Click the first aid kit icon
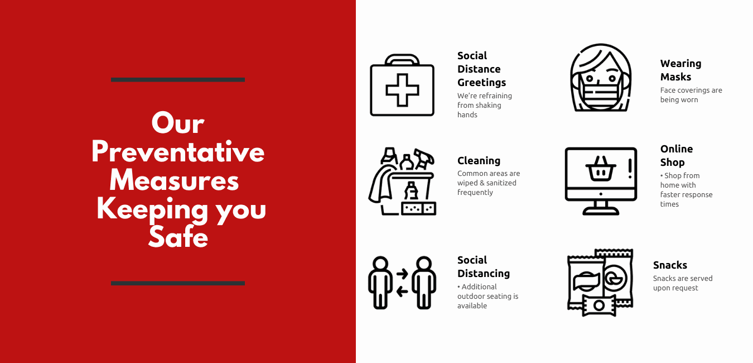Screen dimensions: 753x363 pyautogui.click(x=402, y=85)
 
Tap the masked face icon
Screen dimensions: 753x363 pyautogui.click(x=601, y=78)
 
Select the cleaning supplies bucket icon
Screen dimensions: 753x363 pyautogui.click(x=402, y=181)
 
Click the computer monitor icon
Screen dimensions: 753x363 pyautogui.click(x=601, y=181)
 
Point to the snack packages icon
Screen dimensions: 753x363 pyautogui.click(x=600, y=283)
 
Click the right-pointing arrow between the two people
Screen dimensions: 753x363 pyautogui.click(x=402, y=274)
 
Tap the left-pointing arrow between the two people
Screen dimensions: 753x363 pyautogui.click(x=402, y=291)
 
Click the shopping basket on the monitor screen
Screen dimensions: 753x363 pyautogui.click(x=601, y=169)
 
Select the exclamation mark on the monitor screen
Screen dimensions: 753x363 pyautogui.click(x=630, y=169)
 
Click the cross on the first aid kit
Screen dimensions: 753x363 pyautogui.click(x=402, y=90)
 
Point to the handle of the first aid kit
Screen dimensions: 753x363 pyautogui.click(x=402, y=60)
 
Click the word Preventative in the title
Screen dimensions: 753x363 pyautogui.click(x=178, y=152)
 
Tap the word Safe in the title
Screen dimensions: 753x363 pyautogui.click(x=178, y=236)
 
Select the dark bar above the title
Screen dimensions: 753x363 pyautogui.click(x=178, y=80)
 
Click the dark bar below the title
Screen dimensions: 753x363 pyautogui.click(x=178, y=283)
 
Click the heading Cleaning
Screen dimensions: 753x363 pyautogui.click(x=479, y=161)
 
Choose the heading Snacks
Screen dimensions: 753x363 pyautogui.click(x=670, y=265)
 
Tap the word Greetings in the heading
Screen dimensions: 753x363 pyautogui.click(x=481, y=83)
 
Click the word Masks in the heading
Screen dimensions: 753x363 pyautogui.click(x=675, y=77)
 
